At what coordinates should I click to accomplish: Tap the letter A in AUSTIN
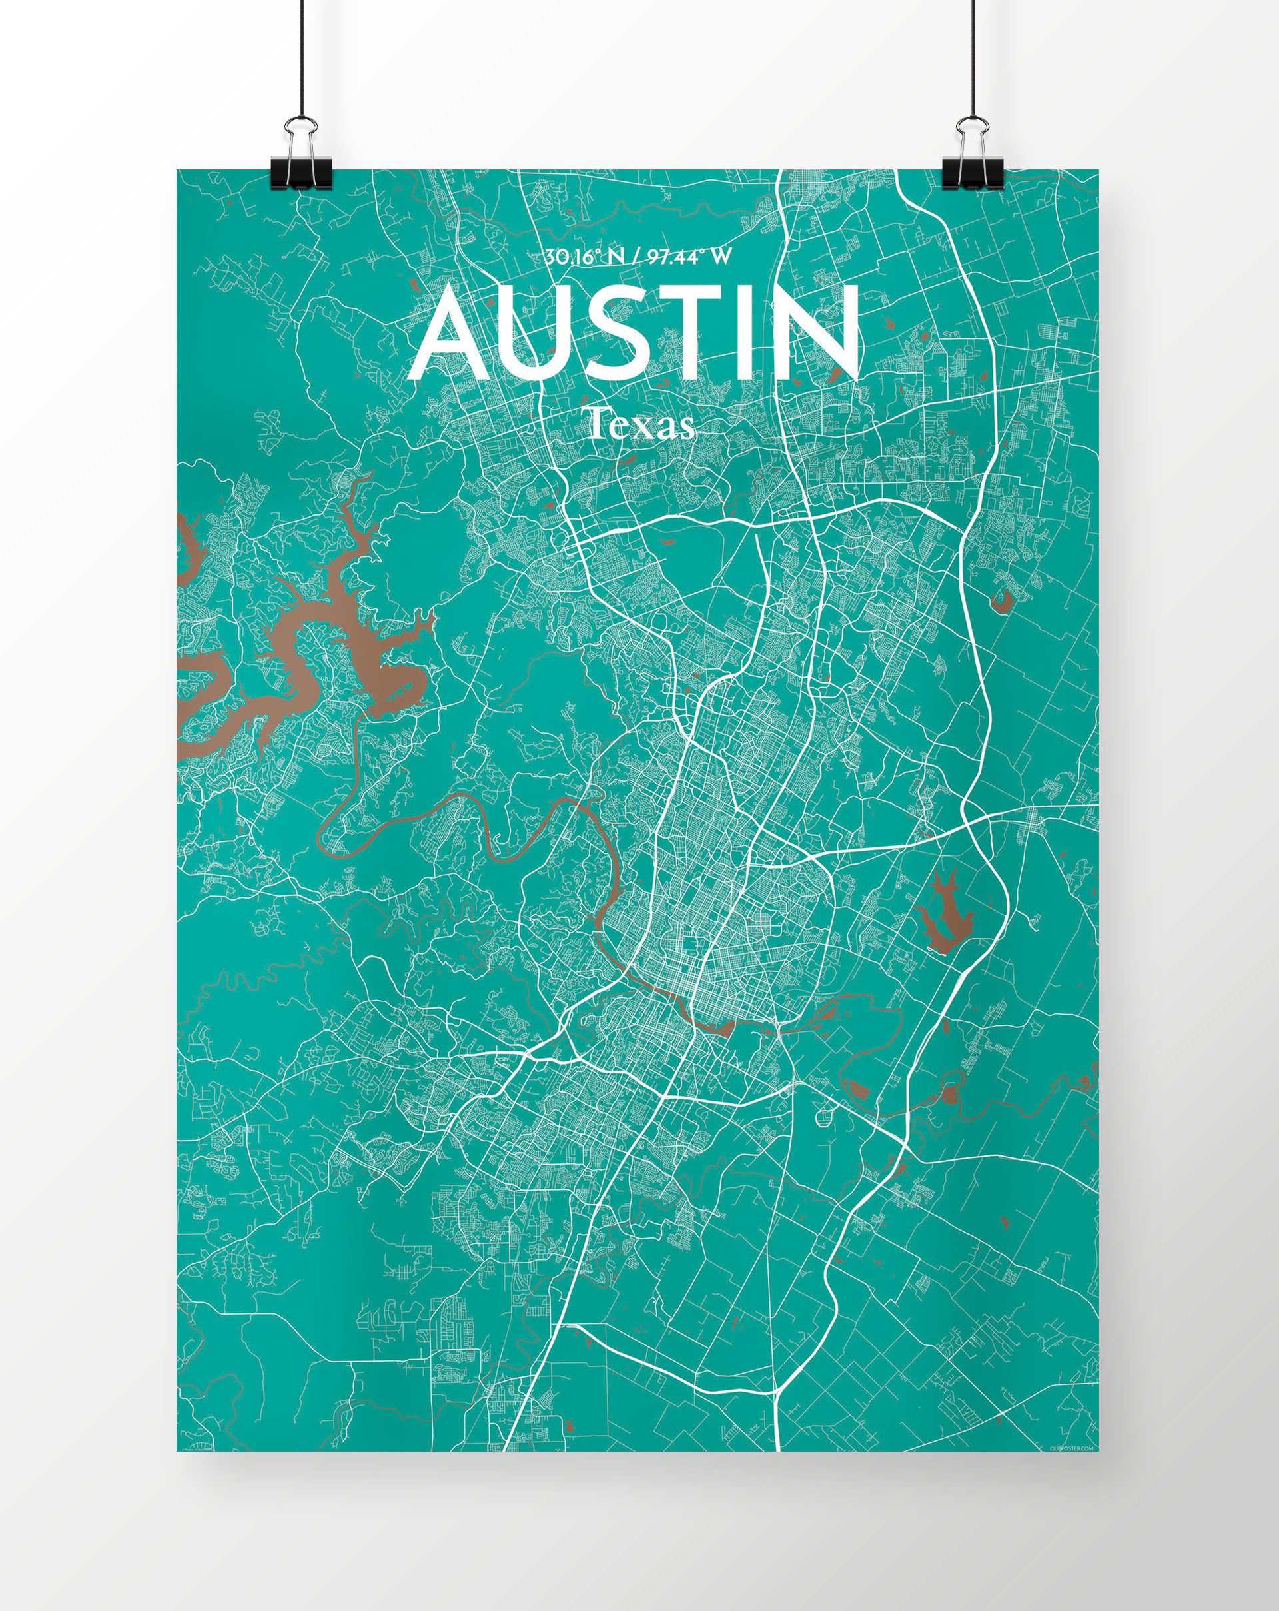tap(454, 334)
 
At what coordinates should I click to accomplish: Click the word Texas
tap(641, 426)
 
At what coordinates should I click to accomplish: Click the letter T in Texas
tap(597, 425)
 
